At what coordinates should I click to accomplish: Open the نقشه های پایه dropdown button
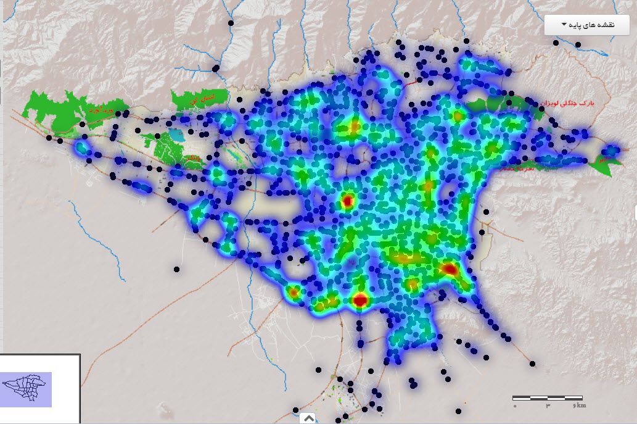(x=586, y=25)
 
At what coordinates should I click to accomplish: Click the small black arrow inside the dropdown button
(x=564, y=25)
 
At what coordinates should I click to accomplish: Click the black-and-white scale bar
(x=548, y=397)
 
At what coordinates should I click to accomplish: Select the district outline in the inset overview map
(x=25, y=389)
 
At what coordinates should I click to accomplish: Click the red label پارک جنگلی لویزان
(x=567, y=103)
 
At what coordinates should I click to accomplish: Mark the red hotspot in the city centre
(x=347, y=201)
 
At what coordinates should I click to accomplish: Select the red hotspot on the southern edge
(x=360, y=301)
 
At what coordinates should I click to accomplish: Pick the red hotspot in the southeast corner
(x=450, y=268)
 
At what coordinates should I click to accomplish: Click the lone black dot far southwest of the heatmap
(x=176, y=269)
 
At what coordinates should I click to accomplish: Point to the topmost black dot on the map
(x=231, y=23)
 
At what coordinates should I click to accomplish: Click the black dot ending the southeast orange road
(x=532, y=364)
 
